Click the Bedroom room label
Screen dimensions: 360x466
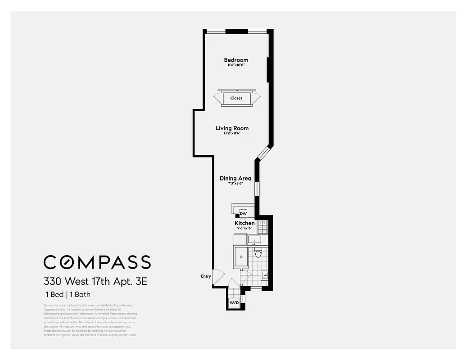[236, 60]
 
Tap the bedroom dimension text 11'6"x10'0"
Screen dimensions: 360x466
[236, 66]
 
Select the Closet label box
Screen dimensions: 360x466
[236, 98]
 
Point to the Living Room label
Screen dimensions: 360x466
[232, 128]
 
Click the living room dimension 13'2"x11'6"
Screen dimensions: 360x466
[232, 134]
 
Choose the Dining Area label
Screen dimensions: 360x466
[235, 179]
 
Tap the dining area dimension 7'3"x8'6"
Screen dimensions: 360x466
[235, 184]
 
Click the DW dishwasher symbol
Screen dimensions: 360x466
[244, 213]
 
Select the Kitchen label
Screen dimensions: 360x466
[244, 223]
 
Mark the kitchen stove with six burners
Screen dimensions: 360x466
[262, 228]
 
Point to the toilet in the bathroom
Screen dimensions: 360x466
[258, 254]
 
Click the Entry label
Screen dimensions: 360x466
[205, 276]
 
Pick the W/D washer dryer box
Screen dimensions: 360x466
[234, 303]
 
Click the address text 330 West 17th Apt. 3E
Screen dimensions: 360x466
[95, 282]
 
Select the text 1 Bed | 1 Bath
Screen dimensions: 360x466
[68, 295]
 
